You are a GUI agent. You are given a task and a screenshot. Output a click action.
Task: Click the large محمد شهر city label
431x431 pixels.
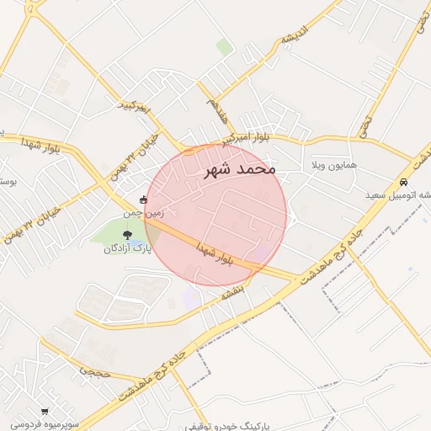[240, 169]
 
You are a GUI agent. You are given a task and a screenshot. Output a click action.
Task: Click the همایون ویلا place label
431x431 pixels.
[335, 163]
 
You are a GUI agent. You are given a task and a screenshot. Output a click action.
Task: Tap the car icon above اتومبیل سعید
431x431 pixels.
[404, 182]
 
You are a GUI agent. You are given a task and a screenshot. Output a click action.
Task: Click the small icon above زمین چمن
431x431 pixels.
[143, 200]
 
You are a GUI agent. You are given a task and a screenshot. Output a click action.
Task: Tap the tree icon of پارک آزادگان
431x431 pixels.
[127, 236]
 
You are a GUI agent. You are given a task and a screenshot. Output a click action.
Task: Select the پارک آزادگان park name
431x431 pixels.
[127, 249]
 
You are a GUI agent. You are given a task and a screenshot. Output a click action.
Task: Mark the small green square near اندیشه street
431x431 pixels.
[224, 47]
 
